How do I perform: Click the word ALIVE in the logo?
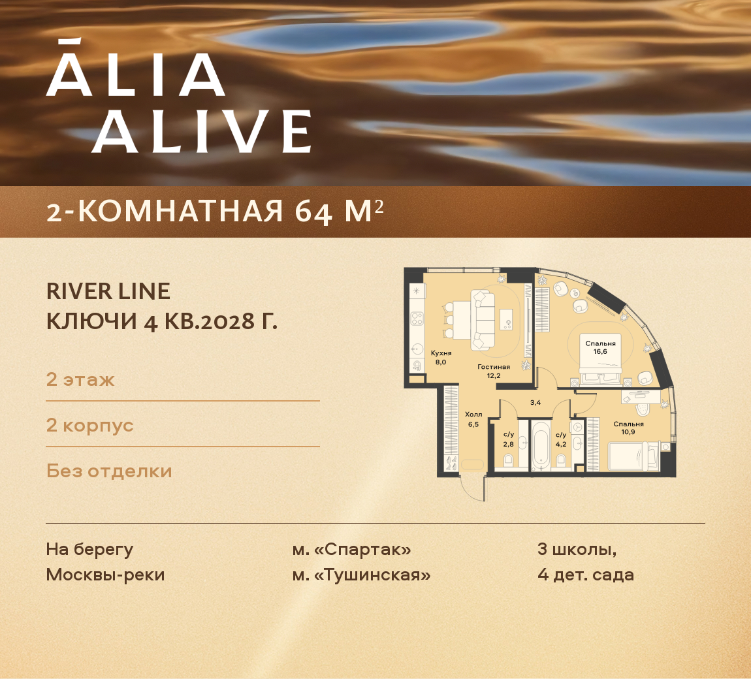[x=200, y=132]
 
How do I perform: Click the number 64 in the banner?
[x=313, y=212]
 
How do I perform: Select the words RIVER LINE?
[x=108, y=291]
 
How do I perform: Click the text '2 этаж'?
[x=80, y=379]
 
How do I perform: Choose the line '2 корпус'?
[x=89, y=425]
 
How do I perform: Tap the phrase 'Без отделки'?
[x=109, y=471]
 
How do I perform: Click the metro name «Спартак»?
[x=362, y=549]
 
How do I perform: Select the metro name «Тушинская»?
[x=372, y=575]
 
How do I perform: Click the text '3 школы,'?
[x=577, y=549]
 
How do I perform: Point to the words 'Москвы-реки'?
[x=105, y=575]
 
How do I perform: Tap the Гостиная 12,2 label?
[x=493, y=371]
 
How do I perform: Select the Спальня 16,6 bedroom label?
[x=600, y=347]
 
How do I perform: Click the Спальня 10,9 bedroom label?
[x=628, y=428]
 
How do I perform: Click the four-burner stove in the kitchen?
[x=417, y=319]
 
